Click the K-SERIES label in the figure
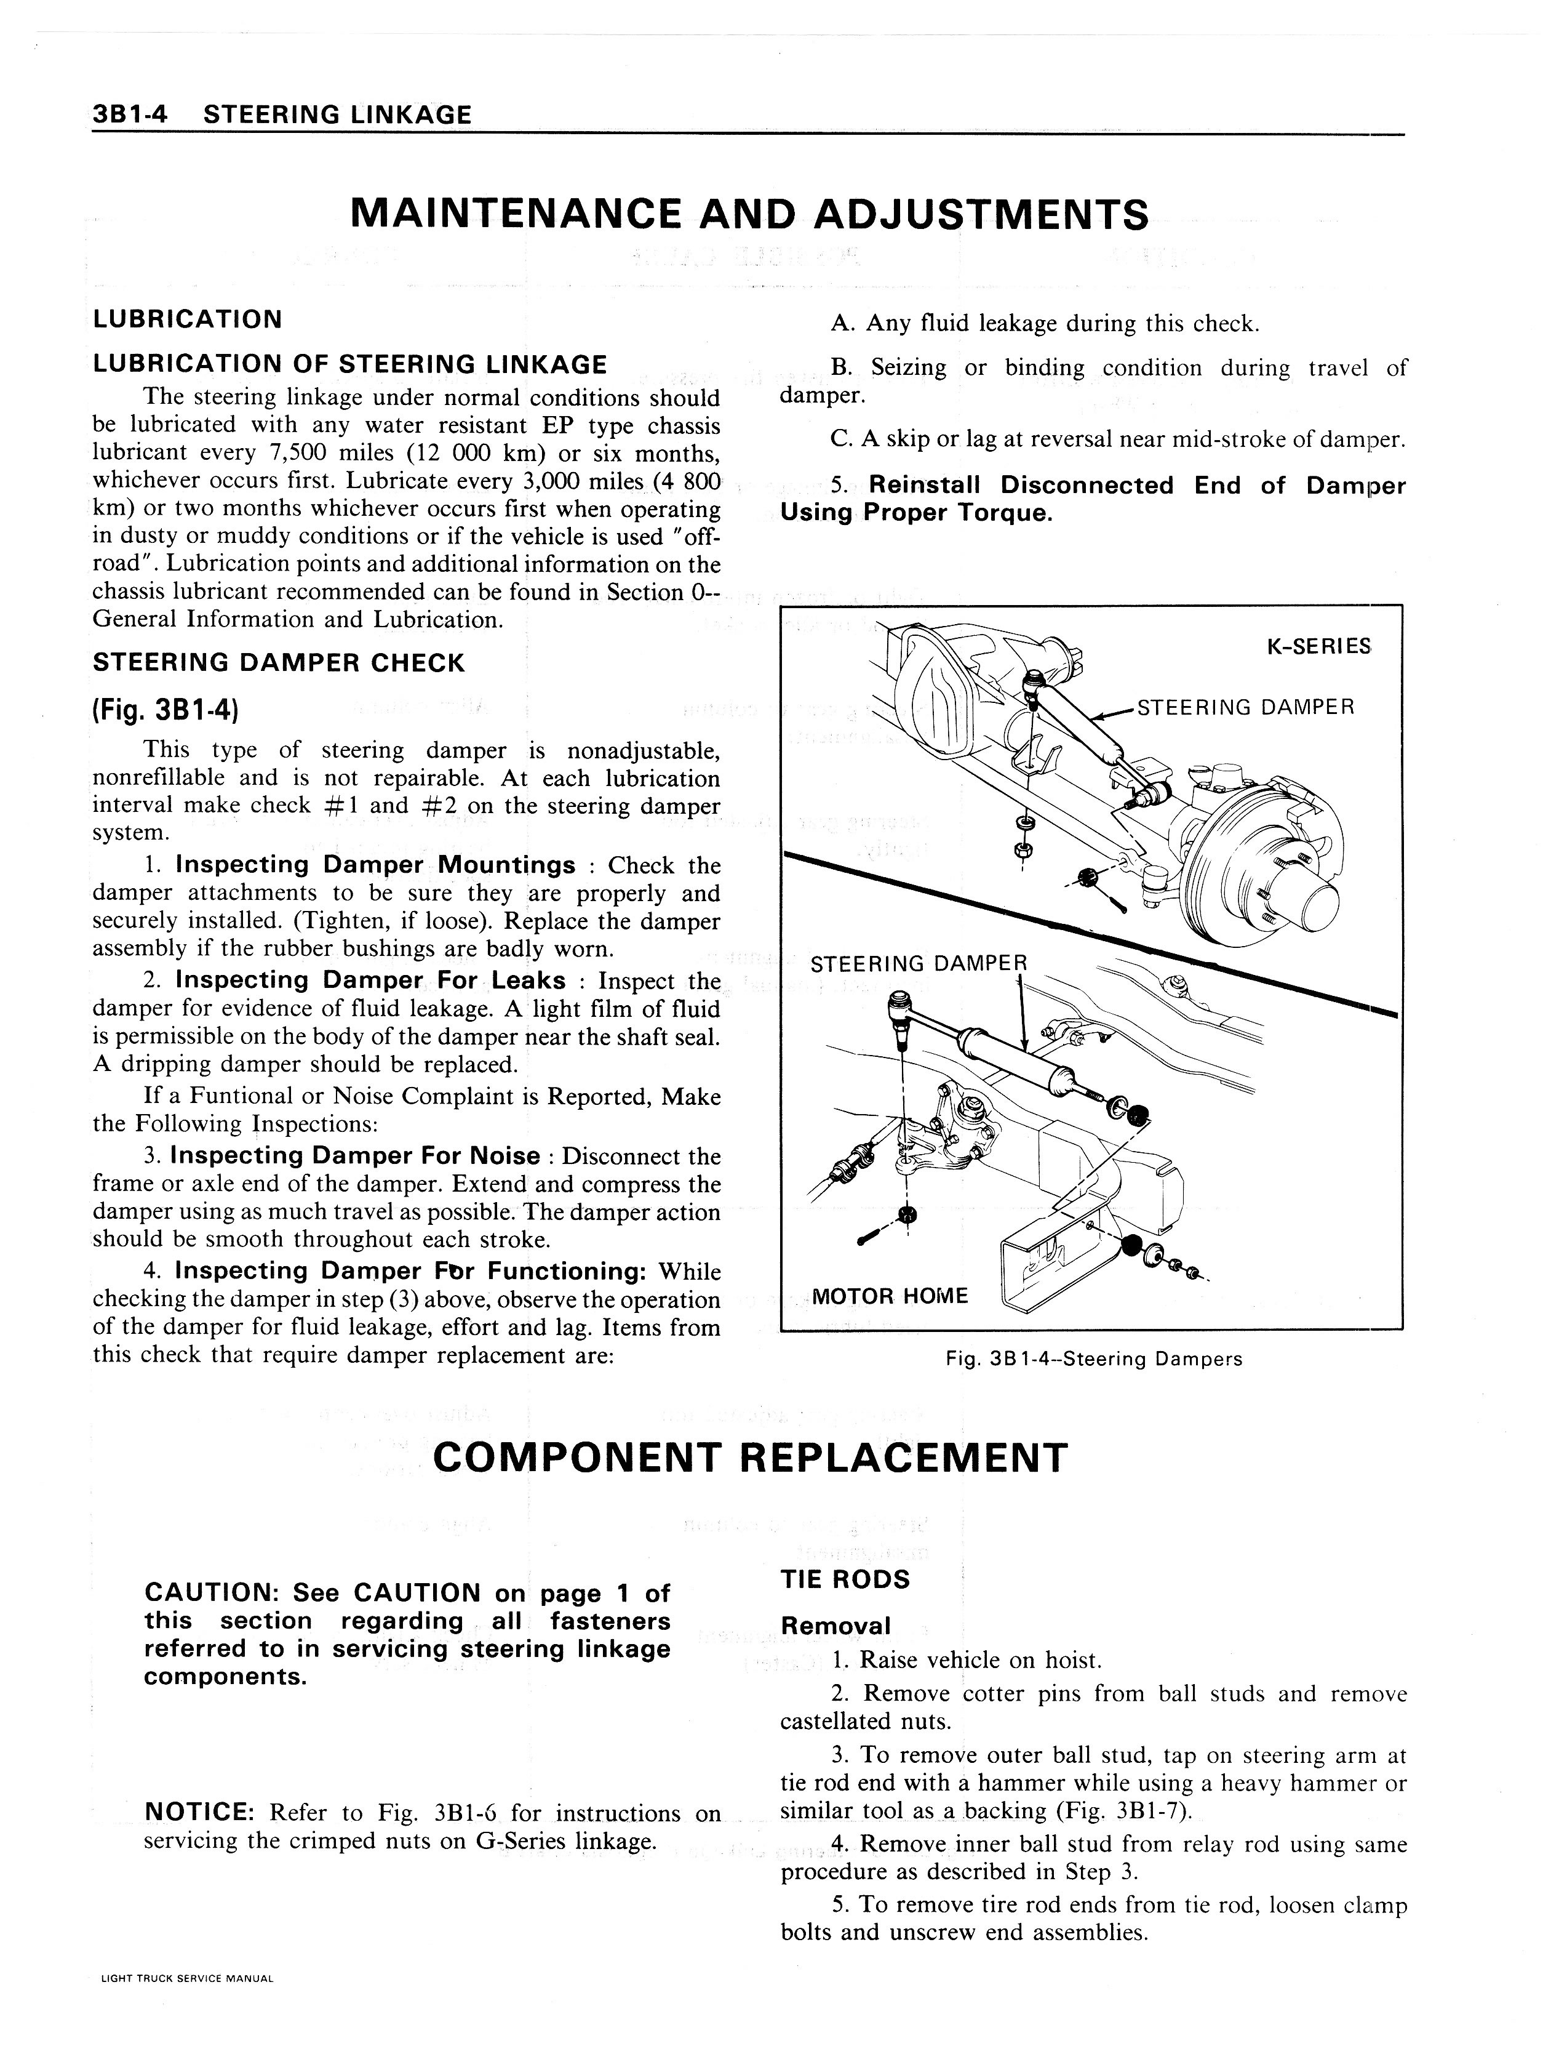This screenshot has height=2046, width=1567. [x=1318, y=646]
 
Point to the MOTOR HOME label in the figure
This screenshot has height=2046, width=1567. [x=890, y=1296]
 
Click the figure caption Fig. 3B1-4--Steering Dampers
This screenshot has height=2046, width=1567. [x=1093, y=1358]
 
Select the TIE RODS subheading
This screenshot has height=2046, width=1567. [x=844, y=1579]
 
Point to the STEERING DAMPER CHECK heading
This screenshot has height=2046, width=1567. [x=278, y=664]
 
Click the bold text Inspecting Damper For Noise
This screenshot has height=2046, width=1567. [x=354, y=1156]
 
